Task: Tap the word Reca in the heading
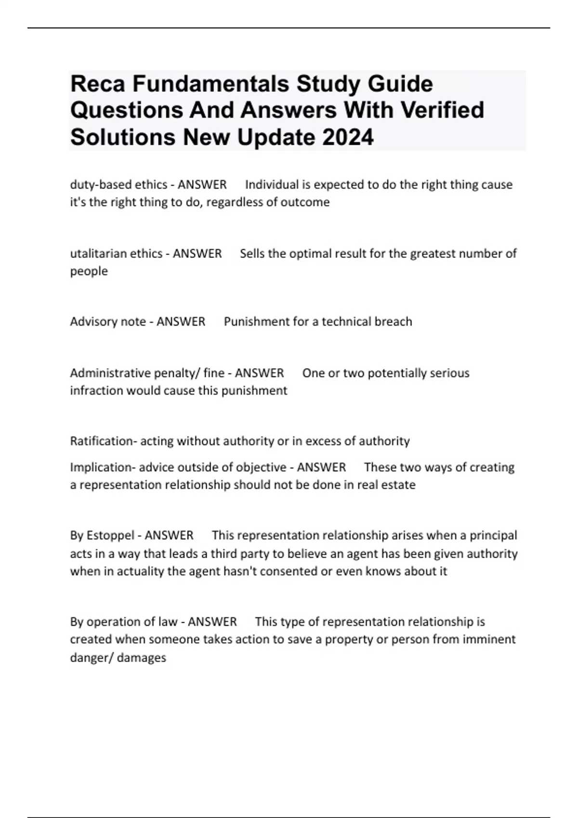coord(98,84)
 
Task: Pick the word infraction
coord(96,390)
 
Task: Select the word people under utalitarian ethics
coord(89,271)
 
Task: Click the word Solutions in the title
coord(122,138)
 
